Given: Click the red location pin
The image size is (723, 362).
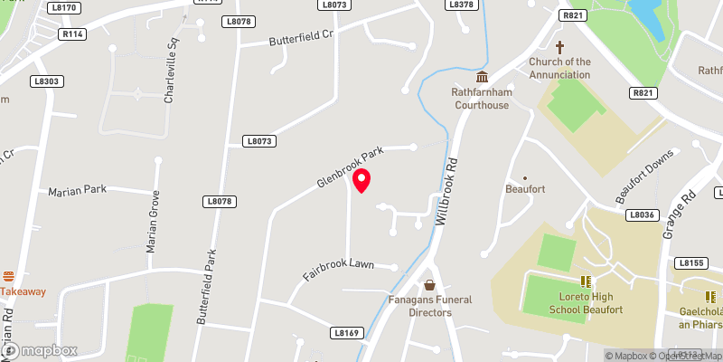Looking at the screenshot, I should tap(362, 180).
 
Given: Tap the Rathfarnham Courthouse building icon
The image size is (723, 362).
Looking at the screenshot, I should tap(483, 76).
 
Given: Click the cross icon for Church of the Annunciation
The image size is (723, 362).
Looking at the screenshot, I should tap(559, 46).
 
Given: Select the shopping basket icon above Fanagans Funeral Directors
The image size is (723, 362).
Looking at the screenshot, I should tap(430, 285).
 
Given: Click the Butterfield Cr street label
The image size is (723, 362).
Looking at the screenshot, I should tap(302, 37).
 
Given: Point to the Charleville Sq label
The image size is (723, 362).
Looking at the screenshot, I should tap(168, 70).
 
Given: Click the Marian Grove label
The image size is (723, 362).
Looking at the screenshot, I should tap(155, 223).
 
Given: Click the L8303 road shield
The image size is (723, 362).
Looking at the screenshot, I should tap(45, 81).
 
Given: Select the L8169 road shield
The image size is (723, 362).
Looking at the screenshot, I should tap(346, 333).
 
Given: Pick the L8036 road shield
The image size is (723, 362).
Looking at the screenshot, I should tap(641, 214).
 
